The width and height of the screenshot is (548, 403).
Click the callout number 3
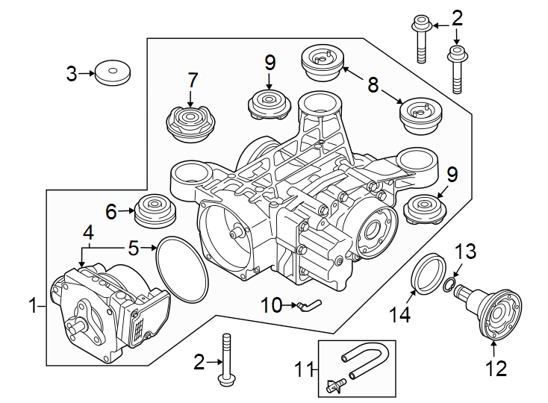coord(71,73)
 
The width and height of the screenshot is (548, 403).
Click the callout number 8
coord(373,84)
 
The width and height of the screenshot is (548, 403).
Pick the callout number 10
coord(271,304)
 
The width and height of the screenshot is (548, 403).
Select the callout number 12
coord(496,367)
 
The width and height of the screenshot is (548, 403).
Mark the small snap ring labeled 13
coord(448,285)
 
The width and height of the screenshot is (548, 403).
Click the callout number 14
coord(402,315)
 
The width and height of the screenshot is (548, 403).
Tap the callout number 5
coord(133,247)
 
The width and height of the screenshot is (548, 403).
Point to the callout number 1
coord(32,304)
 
